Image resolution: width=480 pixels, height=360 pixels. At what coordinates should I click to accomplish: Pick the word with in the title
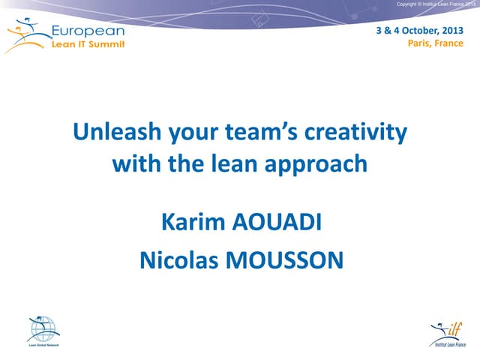tap(134, 163)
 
